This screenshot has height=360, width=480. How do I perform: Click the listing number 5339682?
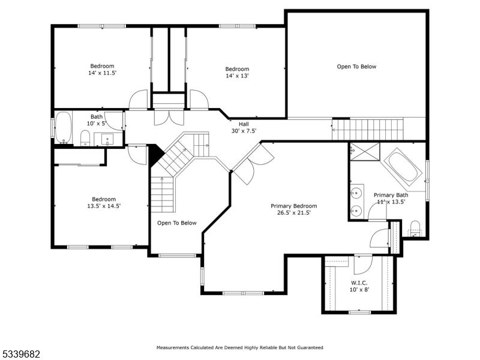pos(20,354)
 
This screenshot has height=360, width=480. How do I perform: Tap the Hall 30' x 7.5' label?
pos(244,127)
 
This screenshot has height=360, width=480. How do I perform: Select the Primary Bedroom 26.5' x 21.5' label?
pos(294,209)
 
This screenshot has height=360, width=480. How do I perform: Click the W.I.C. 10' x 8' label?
pos(359,286)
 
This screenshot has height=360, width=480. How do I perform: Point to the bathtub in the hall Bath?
pos(64,127)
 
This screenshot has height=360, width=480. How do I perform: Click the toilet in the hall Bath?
pos(85,139)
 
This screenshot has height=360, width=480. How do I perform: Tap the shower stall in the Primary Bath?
pos(365,151)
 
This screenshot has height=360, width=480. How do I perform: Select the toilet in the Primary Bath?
pos(415,229)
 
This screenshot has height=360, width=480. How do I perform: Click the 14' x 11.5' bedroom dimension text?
pos(102,73)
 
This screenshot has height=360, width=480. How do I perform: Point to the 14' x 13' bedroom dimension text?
pos(237,76)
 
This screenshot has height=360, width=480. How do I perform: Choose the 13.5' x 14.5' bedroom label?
pos(104,203)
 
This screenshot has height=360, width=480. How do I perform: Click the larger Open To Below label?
pos(356,67)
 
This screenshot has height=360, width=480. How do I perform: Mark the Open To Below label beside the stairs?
pos(176,223)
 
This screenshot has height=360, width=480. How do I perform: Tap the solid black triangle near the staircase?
pos(155,154)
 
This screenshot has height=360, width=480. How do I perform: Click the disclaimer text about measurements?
pos(239,347)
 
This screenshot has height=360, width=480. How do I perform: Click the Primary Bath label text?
pos(391,195)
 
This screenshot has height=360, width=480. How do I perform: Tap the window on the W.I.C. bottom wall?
pos(359,312)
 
